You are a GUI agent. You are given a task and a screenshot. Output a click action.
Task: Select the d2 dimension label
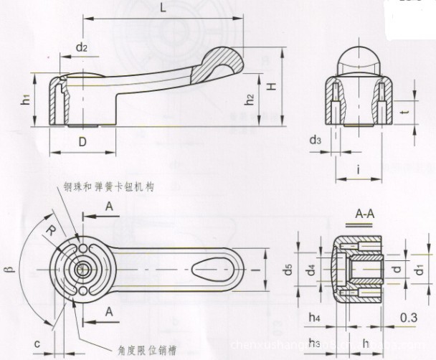point(81,47)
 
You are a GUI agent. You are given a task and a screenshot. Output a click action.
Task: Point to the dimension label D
point(82,141)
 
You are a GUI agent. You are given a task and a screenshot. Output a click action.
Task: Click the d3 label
point(316,140)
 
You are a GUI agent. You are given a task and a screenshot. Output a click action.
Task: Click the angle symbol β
point(11,270)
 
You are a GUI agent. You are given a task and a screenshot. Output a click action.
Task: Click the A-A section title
point(366,213)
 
